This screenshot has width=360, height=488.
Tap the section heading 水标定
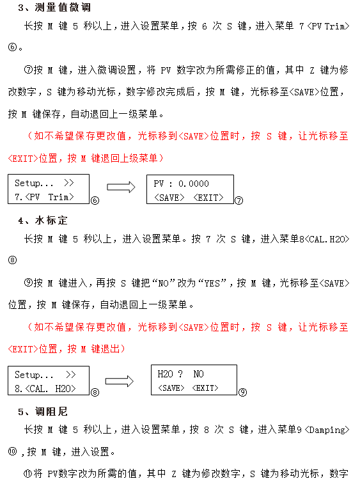[52, 221]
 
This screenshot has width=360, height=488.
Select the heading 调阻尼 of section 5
[52, 411]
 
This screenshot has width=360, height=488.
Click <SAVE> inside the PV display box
[169, 198]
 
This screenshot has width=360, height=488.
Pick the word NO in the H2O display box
[198, 374]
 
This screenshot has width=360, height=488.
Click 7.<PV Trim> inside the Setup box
[44, 197]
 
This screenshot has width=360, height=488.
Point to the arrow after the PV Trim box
[122, 187]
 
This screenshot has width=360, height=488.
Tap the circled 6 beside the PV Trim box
[95, 200]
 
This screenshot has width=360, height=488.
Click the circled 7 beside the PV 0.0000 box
[239, 200]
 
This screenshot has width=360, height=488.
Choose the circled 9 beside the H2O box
[242, 392]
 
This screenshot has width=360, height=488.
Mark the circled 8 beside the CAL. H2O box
[95, 392]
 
